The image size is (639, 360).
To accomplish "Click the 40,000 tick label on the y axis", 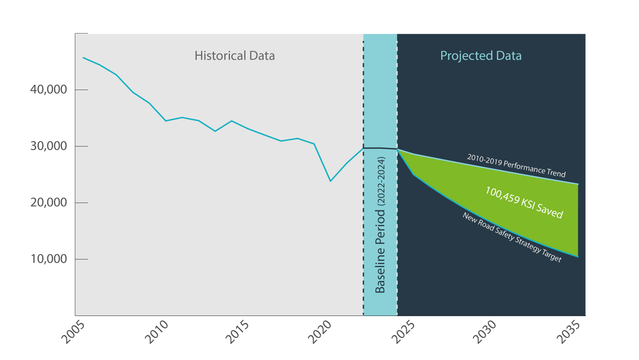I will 48,90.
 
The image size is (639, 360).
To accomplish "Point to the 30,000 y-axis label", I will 48,146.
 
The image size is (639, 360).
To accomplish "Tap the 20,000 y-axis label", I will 48,202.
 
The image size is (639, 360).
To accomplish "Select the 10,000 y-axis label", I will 48,259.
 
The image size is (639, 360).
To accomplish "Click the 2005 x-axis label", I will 73,332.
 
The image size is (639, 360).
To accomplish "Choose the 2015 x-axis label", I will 237,332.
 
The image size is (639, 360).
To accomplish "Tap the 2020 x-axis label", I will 319,332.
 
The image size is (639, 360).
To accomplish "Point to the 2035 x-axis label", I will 568,332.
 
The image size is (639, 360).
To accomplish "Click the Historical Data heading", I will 235,56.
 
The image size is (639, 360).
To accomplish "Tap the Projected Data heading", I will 481,56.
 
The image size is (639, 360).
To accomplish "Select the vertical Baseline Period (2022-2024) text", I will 380,225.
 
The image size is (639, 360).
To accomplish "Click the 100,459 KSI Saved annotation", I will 524,202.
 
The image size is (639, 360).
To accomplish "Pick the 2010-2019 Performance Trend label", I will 516,166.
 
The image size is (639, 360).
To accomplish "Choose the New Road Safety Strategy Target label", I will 512,237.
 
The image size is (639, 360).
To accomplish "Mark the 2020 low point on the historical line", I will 331,181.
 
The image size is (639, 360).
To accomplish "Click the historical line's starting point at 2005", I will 83,57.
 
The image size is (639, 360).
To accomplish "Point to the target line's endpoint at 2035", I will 578,257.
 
